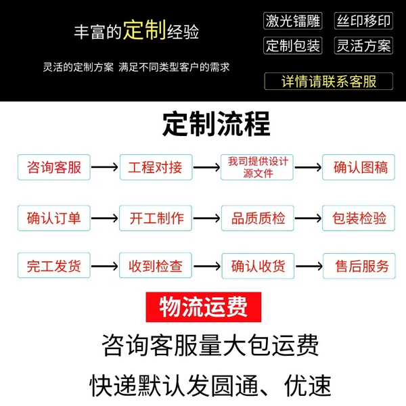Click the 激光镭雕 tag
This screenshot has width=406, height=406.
(292, 21)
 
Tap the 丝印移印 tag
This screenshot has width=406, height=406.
(363, 21)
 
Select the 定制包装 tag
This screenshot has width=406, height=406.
(292, 45)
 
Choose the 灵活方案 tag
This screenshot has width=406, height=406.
(363, 45)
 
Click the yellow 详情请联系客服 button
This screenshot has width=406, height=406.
(329, 81)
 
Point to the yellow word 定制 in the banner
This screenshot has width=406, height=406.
(145, 30)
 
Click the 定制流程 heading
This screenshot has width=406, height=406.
(217, 124)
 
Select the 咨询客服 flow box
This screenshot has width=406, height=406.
(54, 167)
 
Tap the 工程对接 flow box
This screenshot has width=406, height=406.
(156, 167)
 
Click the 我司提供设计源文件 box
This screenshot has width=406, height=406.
(257, 167)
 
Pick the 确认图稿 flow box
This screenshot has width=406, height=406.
(359, 167)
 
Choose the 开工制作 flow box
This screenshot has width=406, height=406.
(156, 218)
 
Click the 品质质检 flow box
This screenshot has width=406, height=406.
(258, 218)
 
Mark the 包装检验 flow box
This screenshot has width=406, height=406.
(359, 218)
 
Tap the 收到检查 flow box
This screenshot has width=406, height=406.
(156, 266)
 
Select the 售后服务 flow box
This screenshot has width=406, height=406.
(359, 266)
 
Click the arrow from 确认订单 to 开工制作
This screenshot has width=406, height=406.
(105, 219)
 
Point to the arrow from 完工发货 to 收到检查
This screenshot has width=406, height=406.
(105, 266)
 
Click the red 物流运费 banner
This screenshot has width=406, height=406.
(204, 307)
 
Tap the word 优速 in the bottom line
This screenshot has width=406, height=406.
(308, 386)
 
